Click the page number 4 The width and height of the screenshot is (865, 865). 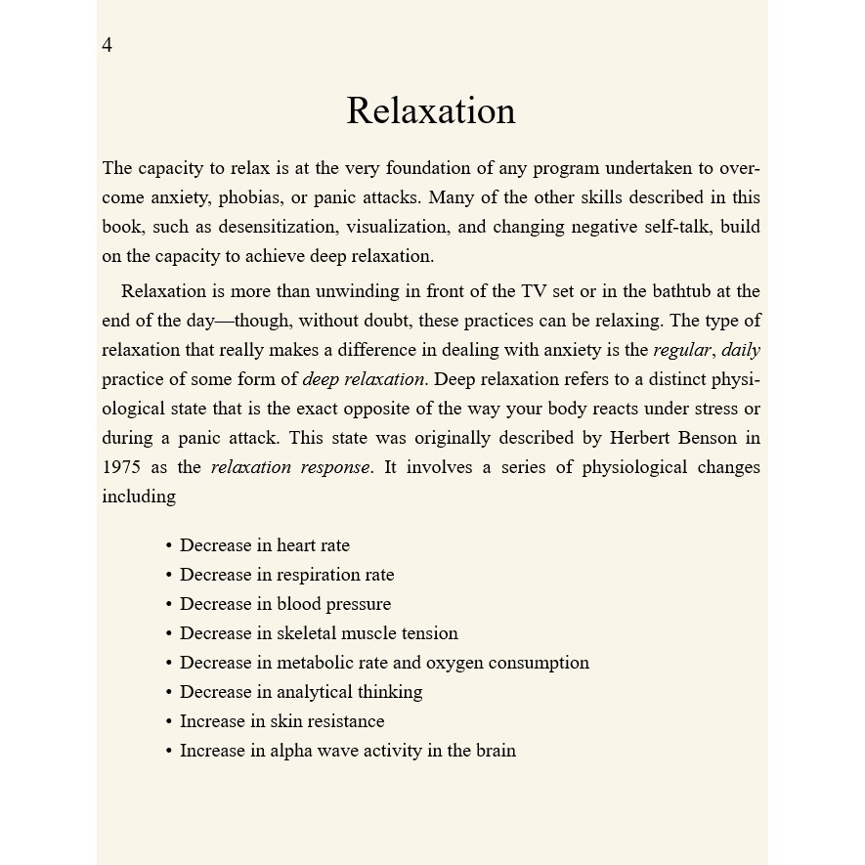[108, 45]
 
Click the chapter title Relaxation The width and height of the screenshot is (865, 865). [431, 110]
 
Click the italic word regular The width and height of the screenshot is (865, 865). [682, 350]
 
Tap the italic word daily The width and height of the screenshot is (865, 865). [741, 350]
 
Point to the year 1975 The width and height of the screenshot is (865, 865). [121, 467]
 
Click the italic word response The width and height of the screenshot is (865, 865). [334, 467]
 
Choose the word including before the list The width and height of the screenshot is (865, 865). [139, 497]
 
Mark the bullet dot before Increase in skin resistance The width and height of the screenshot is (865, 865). [169, 722]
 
